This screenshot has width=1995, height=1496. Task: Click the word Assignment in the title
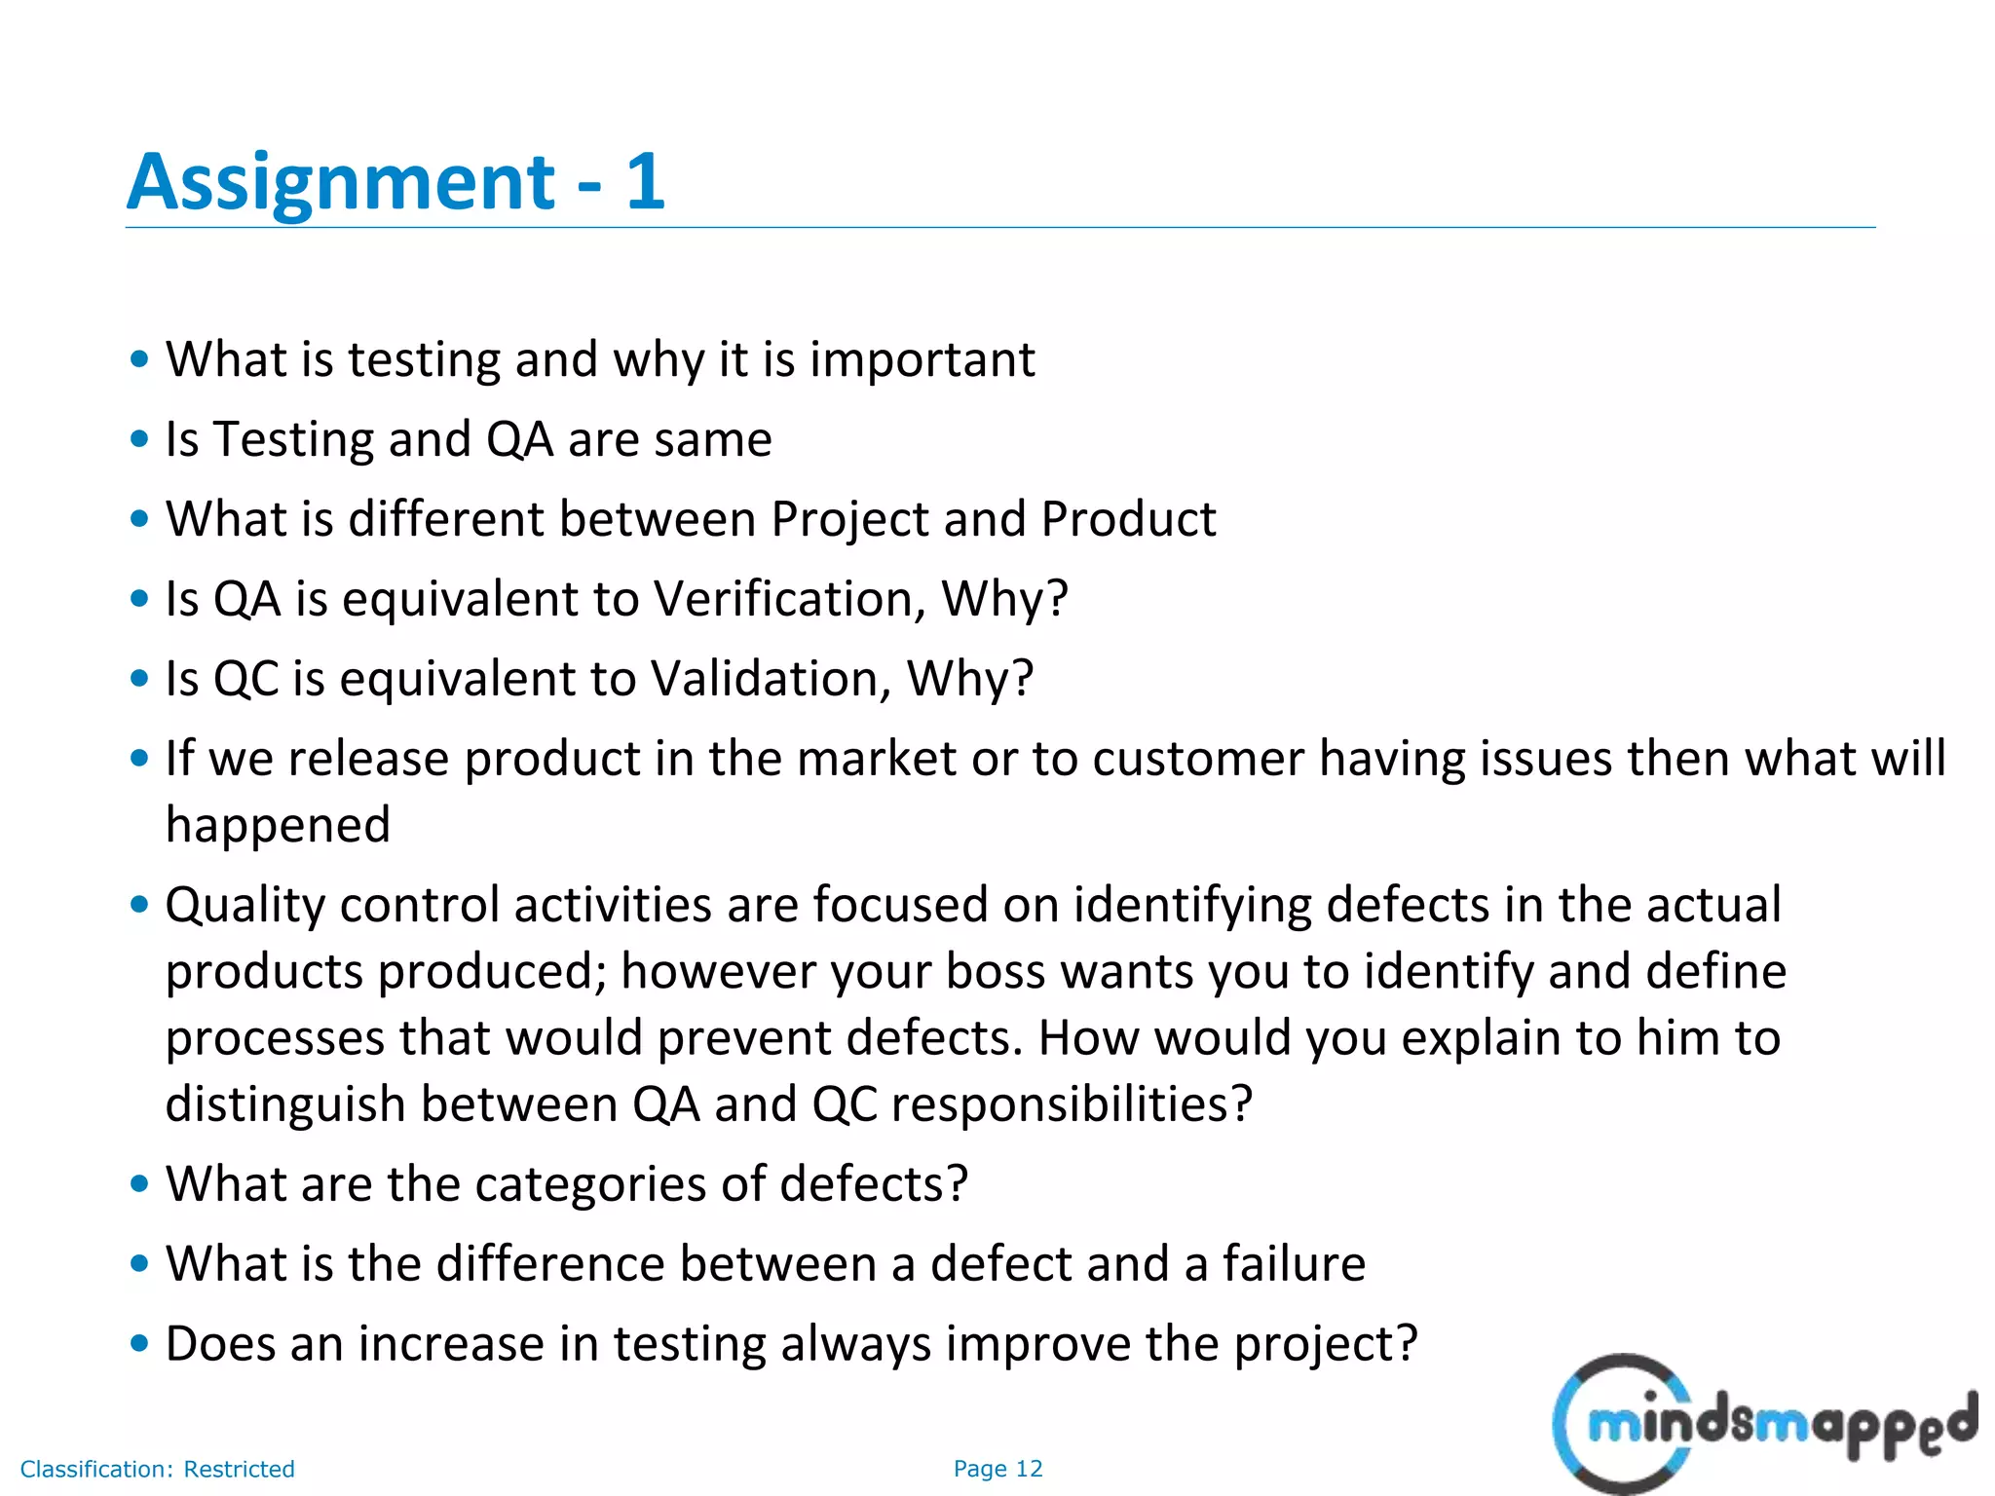tap(341, 183)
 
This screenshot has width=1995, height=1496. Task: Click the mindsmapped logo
tap(1763, 1424)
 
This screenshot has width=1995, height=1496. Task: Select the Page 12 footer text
tap(997, 1469)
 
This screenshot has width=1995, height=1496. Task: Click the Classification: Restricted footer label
tap(157, 1469)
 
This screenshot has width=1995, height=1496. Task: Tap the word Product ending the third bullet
tap(1128, 518)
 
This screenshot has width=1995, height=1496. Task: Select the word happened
tap(278, 825)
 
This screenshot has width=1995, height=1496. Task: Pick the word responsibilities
tap(1071, 1104)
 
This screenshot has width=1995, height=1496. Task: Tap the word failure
tap(1294, 1264)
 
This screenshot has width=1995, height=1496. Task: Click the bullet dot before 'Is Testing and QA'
tap(139, 439)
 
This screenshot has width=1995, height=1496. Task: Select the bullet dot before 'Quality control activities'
tap(139, 905)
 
